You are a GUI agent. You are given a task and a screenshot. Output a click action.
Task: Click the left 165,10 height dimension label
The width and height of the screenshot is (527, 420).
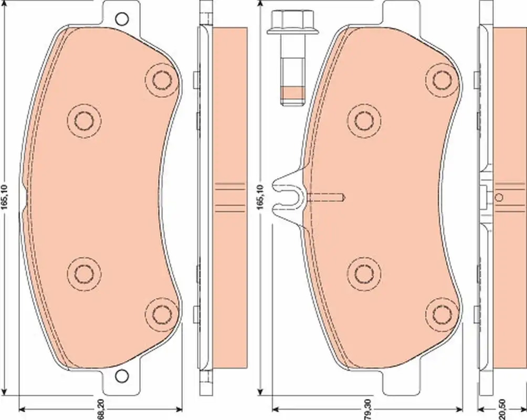4,197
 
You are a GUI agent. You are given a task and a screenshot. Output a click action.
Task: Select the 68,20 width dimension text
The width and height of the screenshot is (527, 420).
100,408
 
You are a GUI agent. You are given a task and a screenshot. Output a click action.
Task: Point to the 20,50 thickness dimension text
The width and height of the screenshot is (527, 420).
502,408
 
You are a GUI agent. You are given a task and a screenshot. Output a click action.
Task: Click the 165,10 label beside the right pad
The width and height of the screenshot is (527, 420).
260,197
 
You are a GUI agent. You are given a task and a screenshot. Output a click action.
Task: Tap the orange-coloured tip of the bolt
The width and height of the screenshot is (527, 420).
292,93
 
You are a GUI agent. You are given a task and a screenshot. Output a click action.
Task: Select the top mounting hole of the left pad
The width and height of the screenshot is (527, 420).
121,19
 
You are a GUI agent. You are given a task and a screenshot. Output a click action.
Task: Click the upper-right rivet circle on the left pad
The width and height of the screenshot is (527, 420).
162,80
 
